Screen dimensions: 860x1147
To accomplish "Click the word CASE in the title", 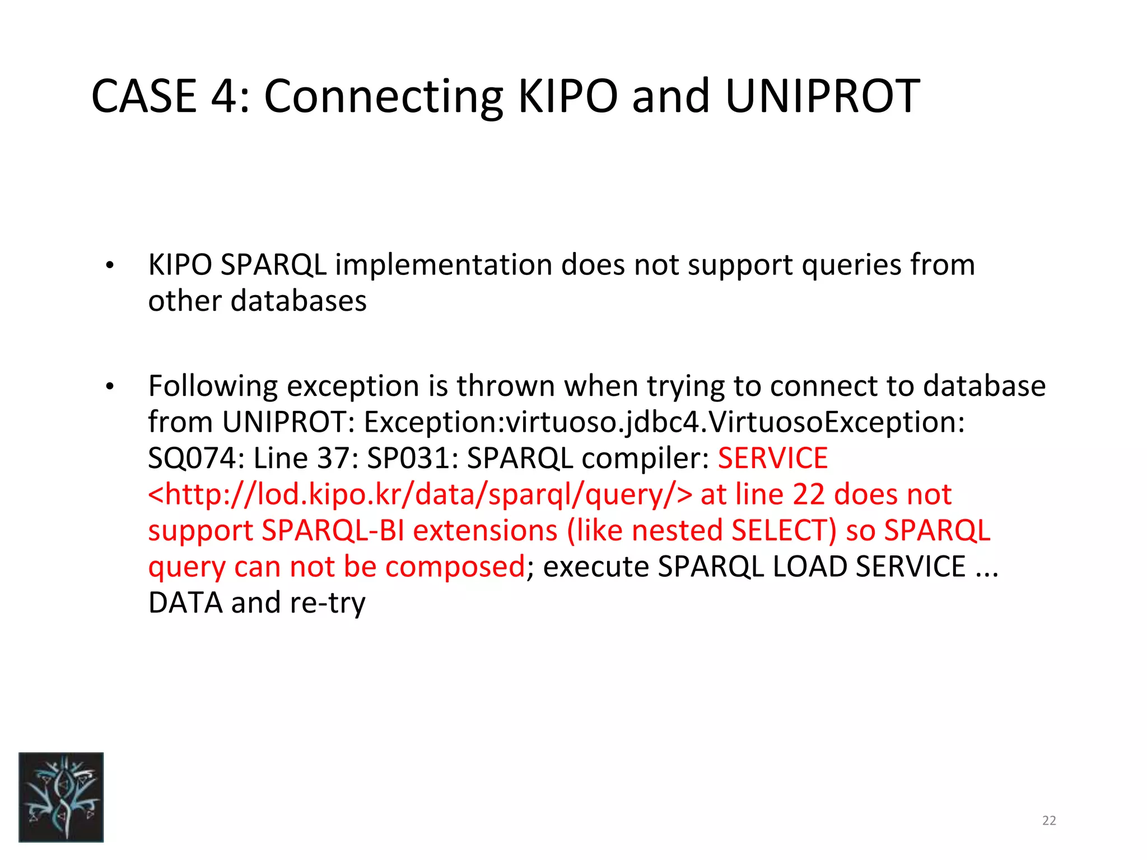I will click(144, 96).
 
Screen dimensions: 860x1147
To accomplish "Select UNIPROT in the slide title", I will click(822, 96).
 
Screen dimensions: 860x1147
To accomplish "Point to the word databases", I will click(299, 301).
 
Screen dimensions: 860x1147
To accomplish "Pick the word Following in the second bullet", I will click(213, 386).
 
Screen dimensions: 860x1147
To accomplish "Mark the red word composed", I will click(455, 567).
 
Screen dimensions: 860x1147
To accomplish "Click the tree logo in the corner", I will click(61, 797).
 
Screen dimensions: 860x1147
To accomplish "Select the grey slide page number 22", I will click(1049, 821).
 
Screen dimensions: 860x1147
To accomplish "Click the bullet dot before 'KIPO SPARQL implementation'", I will click(110, 266).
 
